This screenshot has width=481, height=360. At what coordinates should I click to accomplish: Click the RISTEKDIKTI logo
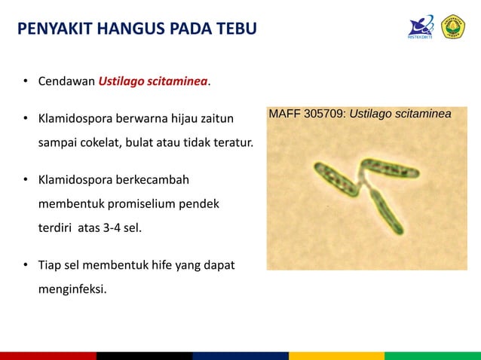click(419, 27)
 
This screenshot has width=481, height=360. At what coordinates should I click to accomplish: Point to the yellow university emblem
click(453, 27)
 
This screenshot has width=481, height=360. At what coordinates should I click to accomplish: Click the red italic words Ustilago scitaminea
click(153, 81)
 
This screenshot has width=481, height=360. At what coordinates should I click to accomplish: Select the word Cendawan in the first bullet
click(67, 81)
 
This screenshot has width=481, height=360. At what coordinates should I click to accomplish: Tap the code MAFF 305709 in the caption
click(307, 114)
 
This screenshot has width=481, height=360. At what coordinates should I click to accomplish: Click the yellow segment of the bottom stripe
click(336, 355)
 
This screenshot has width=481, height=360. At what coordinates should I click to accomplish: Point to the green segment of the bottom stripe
click(433, 355)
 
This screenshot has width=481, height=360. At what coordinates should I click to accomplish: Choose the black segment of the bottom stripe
click(144, 355)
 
